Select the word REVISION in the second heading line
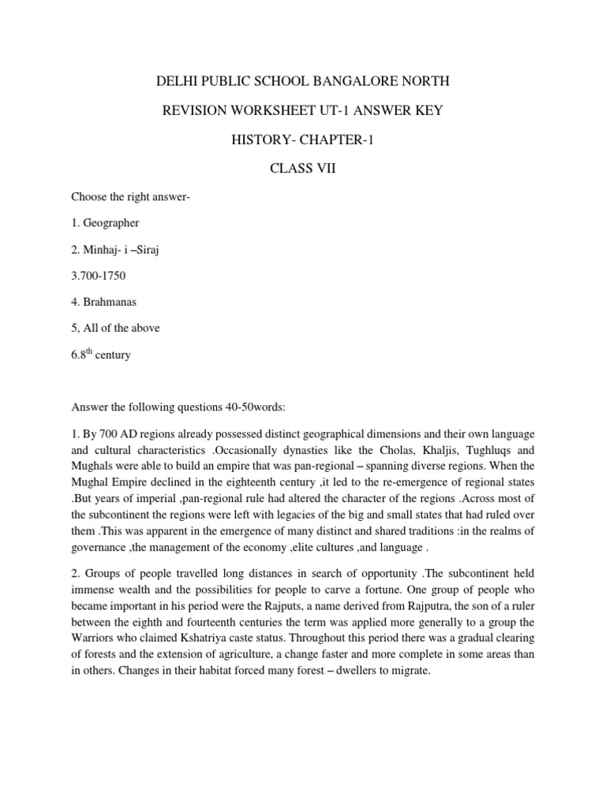click(196, 110)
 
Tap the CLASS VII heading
click(304, 169)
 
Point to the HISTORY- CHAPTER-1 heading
click(303, 139)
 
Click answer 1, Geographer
click(100, 223)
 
